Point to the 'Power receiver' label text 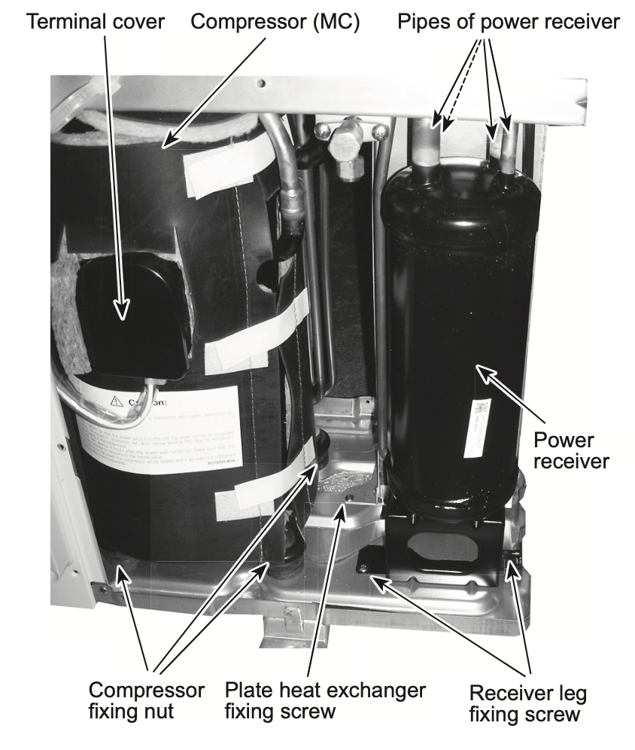pos(563,450)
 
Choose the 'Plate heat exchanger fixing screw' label pos(326,700)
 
